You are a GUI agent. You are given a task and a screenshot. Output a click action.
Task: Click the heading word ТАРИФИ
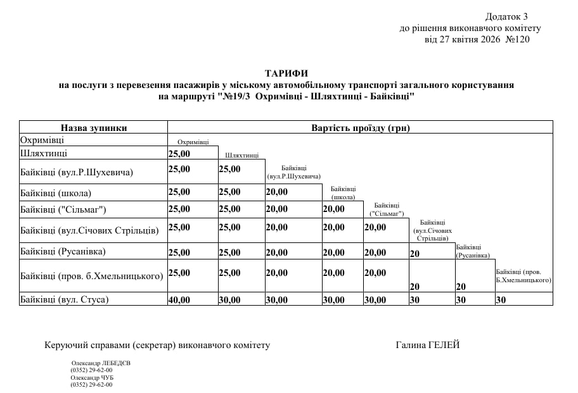coord(286,73)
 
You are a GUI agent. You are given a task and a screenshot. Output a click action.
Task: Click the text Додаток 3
coord(506,16)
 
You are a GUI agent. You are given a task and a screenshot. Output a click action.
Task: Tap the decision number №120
coord(518,39)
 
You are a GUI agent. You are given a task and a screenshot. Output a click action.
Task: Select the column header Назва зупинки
coord(94,128)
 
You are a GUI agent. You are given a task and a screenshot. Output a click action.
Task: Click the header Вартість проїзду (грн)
coord(361,128)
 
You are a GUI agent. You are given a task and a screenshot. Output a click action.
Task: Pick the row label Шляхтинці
coord(44,153)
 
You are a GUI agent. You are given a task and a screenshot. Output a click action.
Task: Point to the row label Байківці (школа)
coord(56,193)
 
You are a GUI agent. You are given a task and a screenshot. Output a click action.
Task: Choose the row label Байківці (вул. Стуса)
coord(65,299)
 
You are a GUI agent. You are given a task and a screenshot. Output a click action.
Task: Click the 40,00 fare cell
coord(179,300)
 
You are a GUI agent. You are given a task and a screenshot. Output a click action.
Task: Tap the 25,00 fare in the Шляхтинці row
coord(179,154)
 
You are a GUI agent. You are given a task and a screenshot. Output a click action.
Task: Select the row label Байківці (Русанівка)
coord(63,251)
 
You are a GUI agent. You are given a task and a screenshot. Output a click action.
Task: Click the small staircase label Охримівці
coord(193,142)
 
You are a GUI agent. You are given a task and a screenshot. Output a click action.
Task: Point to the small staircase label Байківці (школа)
coord(343,192)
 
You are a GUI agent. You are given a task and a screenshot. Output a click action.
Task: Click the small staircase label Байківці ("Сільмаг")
coord(387,209)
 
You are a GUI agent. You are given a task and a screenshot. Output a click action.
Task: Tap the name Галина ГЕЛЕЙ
coord(427,345)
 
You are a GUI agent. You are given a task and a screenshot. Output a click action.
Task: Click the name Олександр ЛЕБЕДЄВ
coord(101,363)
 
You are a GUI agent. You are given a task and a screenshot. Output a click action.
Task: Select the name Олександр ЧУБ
coord(92,377)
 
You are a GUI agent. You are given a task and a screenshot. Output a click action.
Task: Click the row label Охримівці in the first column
coord(42,140)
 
